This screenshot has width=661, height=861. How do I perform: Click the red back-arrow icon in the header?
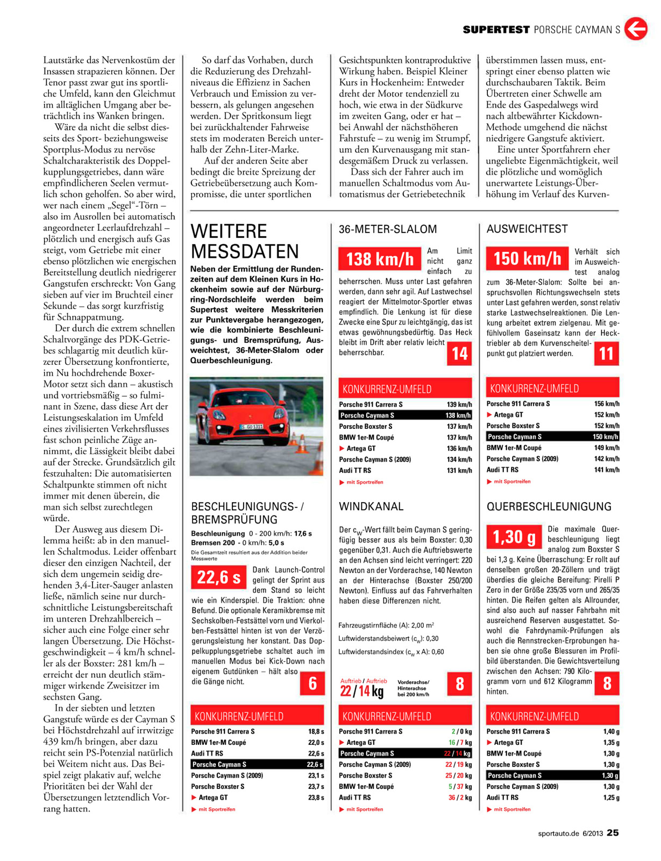click(x=636, y=29)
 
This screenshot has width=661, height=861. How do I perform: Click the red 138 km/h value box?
click(x=379, y=259)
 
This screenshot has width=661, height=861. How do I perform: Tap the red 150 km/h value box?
click(x=527, y=258)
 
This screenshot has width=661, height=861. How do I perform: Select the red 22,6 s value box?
click(x=218, y=577)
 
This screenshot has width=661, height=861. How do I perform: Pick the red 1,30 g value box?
click(x=514, y=537)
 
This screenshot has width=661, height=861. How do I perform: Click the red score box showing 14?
click(x=459, y=354)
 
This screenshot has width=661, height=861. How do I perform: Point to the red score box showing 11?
click(x=606, y=354)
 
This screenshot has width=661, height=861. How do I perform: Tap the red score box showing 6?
click(x=312, y=683)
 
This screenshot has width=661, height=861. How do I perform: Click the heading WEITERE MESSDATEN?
click(x=245, y=241)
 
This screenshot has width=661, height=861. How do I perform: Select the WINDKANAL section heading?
click(x=371, y=506)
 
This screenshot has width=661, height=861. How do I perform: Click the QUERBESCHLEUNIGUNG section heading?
click(x=549, y=506)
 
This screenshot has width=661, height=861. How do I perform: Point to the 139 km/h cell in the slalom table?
click(x=459, y=404)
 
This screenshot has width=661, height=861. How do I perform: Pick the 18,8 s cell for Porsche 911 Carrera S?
click(x=316, y=731)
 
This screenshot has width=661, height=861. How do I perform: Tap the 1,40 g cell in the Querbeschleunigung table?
click(x=611, y=731)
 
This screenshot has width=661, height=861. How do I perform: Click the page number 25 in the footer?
click(x=613, y=832)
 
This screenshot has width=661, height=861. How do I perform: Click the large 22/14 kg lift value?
click(x=362, y=691)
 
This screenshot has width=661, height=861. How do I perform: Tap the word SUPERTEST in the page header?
click(x=496, y=30)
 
